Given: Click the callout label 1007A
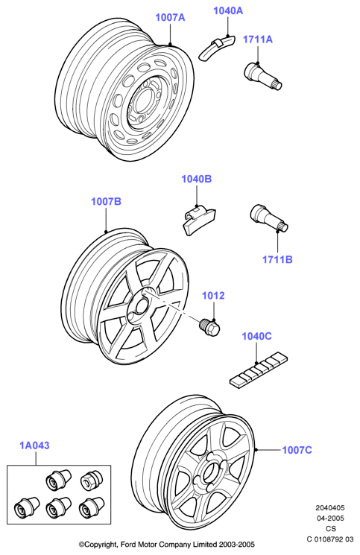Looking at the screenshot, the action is pyautogui.click(x=170, y=17).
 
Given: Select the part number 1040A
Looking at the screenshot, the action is pyautogui.click(x=228, y=10).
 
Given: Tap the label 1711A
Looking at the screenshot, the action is pyautogui.click(x=258, y=39).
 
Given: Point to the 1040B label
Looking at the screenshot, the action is pyautogui.click(x=197, y=179).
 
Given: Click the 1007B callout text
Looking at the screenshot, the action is pyautogui.click(x=106, y=201).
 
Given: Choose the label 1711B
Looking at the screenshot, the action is pyautogui.click(x=277, y=259).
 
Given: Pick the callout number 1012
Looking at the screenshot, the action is pyautogui.click(x=213, y=296).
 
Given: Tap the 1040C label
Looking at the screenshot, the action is pyautogui.click(x=256, y=336).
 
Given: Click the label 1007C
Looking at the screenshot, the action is pyautogui.click(x=297, y=450).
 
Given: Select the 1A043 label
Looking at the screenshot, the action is pyautogui.click(x=34, y=445).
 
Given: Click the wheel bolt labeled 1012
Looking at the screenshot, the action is pyautogui.click(x=209, y=327).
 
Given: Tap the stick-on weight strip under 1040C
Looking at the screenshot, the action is pyautogui.click(x=259, y=369).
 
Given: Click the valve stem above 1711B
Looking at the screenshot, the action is pyautogui.click(x=269, y=218).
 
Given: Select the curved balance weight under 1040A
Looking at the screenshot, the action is pyautogui.click(x=216, y=47).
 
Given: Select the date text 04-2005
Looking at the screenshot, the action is pyautogui.click(x=330, y=518).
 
